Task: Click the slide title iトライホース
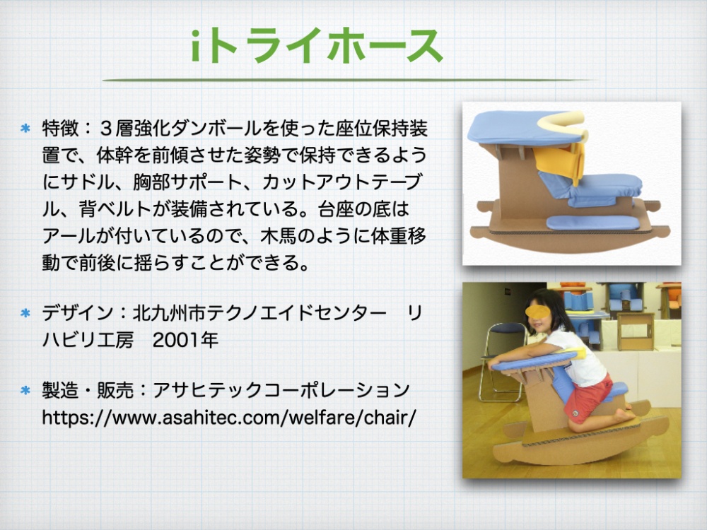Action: coord(317,45)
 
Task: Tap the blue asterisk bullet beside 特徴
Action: coord(25,129)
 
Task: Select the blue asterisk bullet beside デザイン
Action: coord(25,313)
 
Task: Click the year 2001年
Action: coord(185,341)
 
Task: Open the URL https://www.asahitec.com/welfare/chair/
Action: coord(228,418)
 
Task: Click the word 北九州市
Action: coord(169,313)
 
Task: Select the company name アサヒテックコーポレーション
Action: coord(281,390)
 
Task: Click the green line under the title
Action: coord(347,81)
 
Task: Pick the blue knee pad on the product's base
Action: coord(593,222)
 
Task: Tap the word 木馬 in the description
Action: coord(279,236)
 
